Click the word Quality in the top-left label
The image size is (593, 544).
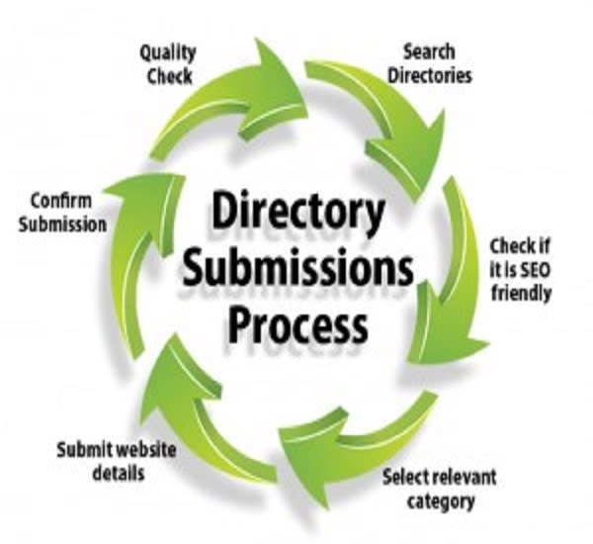tap(168, 53)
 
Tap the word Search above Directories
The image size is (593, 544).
tap(430, 51)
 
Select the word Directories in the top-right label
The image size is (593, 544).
tap(430, 75)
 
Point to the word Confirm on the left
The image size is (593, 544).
tap(61, 200)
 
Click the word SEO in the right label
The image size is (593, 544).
tap(535, 270)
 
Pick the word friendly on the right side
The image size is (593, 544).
tap(521, 294)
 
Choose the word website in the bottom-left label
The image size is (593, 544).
tap(146, 450)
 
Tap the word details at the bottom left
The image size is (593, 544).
tap(119, 473)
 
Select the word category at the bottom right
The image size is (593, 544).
tap(441, 501)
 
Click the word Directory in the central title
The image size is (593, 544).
tap(298, 210)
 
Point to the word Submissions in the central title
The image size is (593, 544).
tap(298, 267)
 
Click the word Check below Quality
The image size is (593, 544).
tap(169, 76)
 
